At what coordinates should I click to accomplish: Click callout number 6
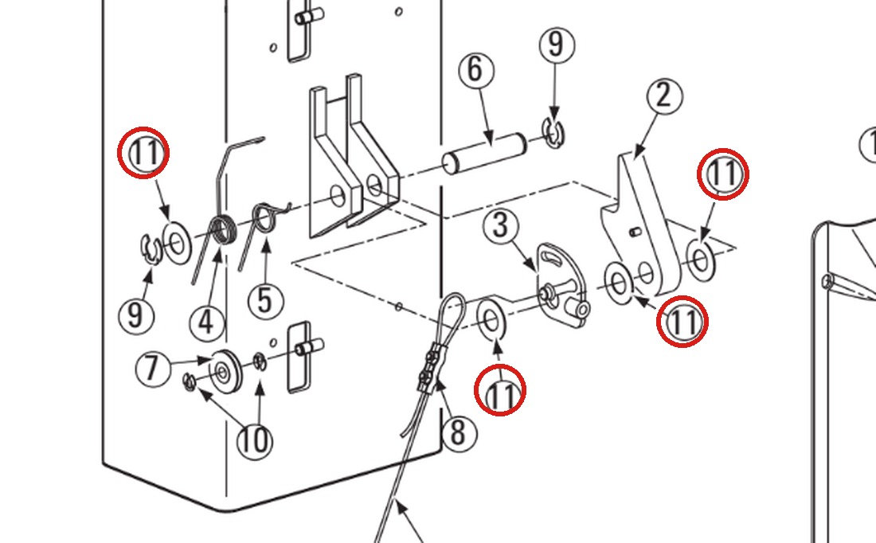tap(476, 70)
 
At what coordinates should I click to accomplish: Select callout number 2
tap(664, 96)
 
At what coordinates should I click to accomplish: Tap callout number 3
tap(501, 226)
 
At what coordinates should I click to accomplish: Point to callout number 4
tap(207, 322)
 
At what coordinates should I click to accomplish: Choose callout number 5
tap(265, 301)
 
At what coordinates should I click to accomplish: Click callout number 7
tap(153, 369)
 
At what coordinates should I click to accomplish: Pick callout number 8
tap(459, 432)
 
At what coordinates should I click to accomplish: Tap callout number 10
tap(255, 441)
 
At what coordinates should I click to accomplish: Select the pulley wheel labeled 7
tap(225, 372)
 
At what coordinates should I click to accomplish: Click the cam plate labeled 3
tap(561, 285)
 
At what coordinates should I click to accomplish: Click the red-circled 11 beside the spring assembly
tap(143, 153)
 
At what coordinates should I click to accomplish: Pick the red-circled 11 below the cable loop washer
tap(500, 390)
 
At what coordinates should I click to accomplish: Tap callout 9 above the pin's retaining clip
tap(557, 45)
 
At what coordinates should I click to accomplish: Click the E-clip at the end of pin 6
tap(553, 134)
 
